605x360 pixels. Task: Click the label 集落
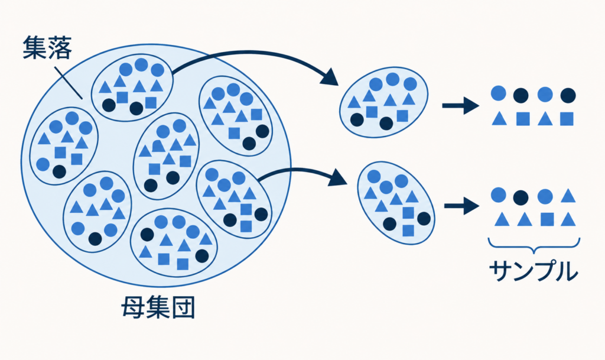(x=47, y=47)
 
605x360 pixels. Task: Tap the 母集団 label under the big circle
(x=158, y=307)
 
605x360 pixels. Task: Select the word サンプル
(x=534, y=271)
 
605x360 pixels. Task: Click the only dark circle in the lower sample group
(x=521, y=197)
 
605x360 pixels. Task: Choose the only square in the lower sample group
(x=547, y=219)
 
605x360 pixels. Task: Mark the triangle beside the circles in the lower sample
(x=568, y=196)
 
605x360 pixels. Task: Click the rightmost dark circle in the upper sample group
(x=568, y=95)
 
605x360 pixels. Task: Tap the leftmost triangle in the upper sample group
(x=499, y=118)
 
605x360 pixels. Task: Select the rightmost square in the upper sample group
(x=567, y=118)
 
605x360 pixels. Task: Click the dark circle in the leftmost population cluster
(x=59, y=171)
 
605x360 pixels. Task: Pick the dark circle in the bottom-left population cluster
(x=95, y=239)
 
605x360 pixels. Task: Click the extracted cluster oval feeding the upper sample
(x=383, y=102)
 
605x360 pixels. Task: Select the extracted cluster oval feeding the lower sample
(x=396, y=203)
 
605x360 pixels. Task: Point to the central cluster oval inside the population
(x=166, y=156)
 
